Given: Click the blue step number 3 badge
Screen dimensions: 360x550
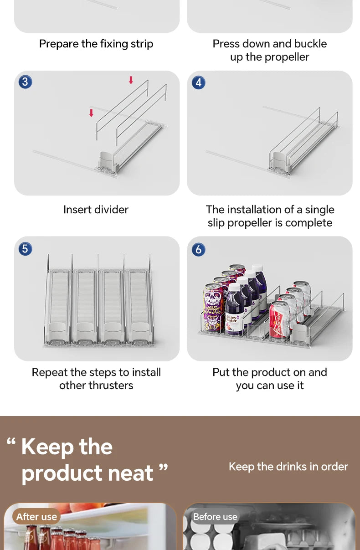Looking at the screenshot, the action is pyautogui.click(x=26, y=82).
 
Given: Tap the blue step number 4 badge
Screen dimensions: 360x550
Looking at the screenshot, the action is pyautogui.click(x=198, y=82).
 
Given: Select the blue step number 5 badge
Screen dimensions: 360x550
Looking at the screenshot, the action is pyautogui.click(x=26, y=249).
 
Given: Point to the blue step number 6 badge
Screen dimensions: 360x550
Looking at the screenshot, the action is pyautogui.click(x=198, y=249).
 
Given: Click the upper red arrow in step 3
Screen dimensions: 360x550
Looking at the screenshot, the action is pyautogui.click(x=131, y=80).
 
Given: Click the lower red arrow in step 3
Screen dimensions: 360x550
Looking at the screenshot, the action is pyautogui.click(x=91, y=113).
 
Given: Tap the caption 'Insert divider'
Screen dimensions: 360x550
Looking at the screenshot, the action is pyautogui.click(x=96, y=210).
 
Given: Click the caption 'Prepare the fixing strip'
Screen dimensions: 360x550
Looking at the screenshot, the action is pyautogui.click(x=96, y=44).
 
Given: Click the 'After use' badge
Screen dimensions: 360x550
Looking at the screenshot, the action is pyautogui.click(x=36, y=517).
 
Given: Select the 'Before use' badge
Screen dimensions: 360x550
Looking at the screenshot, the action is pyautogui.click(x=215, y=517).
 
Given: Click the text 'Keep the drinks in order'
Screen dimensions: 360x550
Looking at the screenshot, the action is pyautogui.click(x=288, y=467).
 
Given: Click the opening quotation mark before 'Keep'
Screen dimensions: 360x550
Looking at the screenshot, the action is pyautogui.click(x=11, y=441).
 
